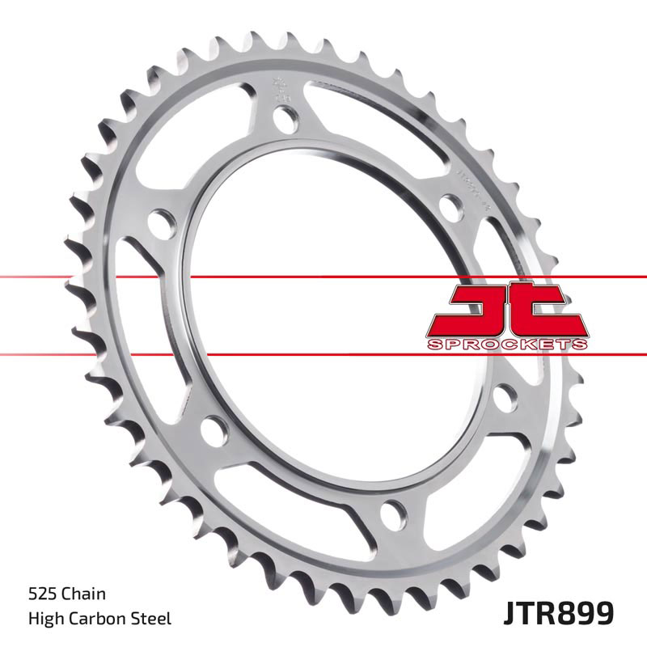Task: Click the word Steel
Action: click(151, 620)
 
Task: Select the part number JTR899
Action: click(560, 614)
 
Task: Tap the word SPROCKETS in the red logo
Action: click(506, 345)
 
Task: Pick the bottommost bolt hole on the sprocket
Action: click(394, 512)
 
